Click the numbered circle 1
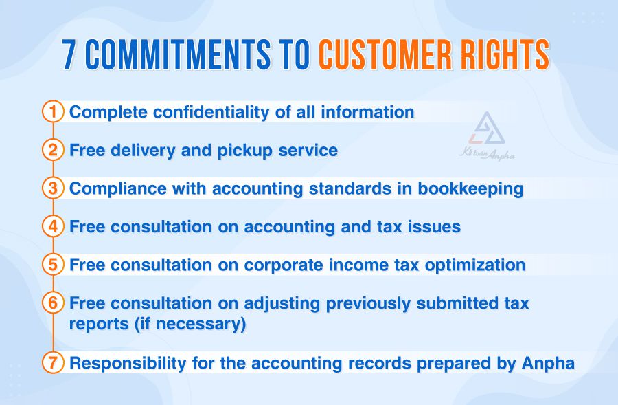53,111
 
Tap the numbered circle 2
53,150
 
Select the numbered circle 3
53,188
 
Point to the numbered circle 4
53,226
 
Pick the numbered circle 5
53,265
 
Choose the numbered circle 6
53,303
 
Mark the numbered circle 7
53,362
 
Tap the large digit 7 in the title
70,54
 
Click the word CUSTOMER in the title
391,54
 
